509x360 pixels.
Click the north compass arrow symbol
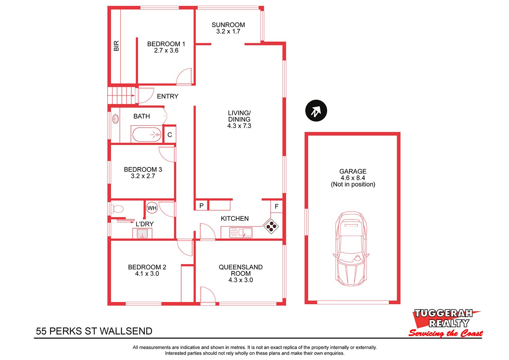316,111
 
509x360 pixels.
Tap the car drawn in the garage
351,249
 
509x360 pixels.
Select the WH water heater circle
152,208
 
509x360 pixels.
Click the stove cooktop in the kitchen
271,226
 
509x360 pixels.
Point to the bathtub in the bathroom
147,134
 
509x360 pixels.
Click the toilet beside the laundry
117,209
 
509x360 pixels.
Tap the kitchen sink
241,232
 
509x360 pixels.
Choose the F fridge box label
277,206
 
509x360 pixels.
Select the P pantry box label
201,206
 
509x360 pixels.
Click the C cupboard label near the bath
170,135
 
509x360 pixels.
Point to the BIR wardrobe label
116,46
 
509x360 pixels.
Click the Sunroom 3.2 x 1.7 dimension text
228,31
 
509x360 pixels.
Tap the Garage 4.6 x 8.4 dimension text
353,178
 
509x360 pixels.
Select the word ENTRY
168,96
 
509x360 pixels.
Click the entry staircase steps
121,95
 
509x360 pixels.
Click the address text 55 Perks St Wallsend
94,331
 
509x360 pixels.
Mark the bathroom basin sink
115,119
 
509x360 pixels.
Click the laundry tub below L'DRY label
142,233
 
